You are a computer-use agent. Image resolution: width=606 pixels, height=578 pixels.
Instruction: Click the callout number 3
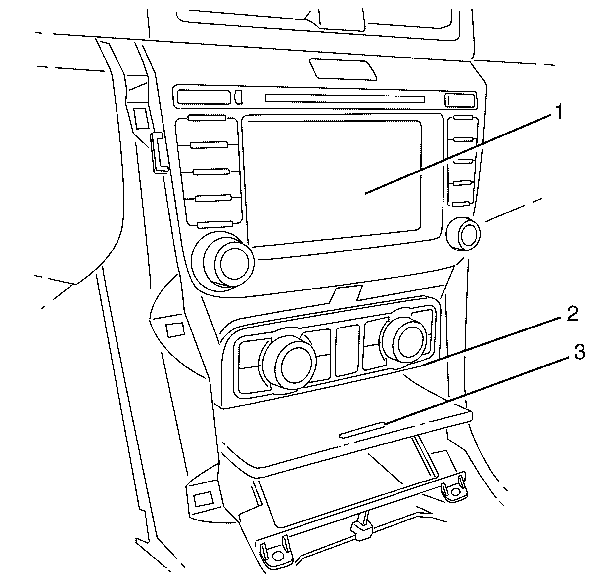pyautogui.click(x=579, y=352)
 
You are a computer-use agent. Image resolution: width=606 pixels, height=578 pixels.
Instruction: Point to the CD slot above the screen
pyautogui.click(x=345, y=98)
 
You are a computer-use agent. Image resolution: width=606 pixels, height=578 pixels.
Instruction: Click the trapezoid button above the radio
pyautogui.click(x=343, y=69)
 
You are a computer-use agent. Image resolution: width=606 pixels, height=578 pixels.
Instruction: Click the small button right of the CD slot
pyautogui.click(x=459, y=100)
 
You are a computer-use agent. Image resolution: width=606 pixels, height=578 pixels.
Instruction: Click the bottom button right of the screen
pyautogui.click(x=462, y=204)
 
